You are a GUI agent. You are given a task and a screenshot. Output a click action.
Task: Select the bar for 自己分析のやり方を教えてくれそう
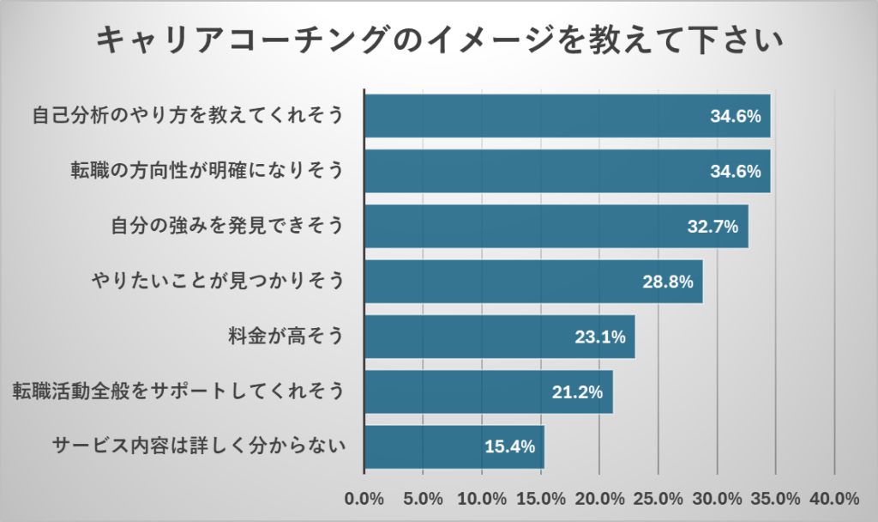567,116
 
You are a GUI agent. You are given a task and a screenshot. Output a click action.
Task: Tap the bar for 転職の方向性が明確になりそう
567,171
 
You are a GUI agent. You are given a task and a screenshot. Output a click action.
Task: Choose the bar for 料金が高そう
499,337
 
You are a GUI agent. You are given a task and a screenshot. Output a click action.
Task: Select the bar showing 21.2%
488,392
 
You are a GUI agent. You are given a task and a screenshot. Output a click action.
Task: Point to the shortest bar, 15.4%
454,447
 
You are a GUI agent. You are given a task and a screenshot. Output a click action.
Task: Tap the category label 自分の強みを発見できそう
227,227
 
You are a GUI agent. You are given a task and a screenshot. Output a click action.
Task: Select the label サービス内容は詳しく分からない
198,447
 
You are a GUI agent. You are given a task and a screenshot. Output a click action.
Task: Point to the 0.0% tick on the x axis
364,499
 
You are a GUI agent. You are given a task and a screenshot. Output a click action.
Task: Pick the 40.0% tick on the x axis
834,499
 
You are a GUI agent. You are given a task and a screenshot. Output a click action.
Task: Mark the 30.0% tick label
717,499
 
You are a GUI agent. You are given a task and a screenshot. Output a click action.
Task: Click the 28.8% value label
668,282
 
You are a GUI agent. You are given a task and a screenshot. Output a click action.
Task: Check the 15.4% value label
510,447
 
